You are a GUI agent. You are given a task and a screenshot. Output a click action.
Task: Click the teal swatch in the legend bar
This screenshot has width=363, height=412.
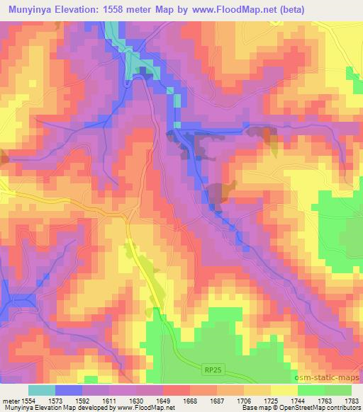(x=42, y=389)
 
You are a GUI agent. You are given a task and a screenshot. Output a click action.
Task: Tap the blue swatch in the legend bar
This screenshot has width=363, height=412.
(x=69, y=389)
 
